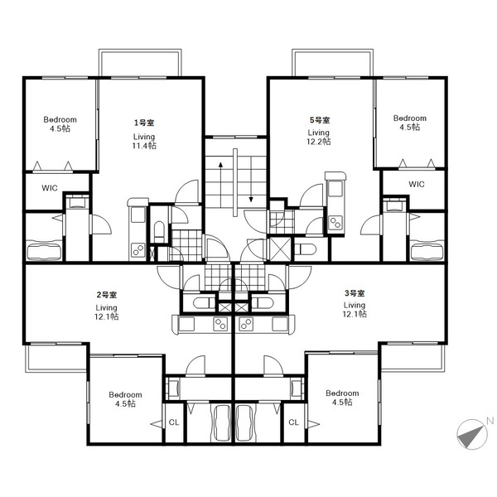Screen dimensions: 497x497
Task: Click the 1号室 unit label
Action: point(144,123)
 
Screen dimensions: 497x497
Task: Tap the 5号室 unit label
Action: point(320,120)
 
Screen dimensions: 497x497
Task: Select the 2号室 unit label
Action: point(107,295)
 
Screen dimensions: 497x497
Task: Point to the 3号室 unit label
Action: point(355,293)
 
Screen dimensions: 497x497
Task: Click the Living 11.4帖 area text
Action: point(144,142)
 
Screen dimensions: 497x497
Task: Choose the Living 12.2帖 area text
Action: point(319,137)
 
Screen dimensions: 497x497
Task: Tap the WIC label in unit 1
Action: point(50,188)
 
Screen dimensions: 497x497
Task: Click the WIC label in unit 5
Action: point(416,184)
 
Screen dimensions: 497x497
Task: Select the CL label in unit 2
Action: point(174,422)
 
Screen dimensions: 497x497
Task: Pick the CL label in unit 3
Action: point(293,422)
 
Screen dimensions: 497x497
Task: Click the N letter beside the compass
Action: point(490,421)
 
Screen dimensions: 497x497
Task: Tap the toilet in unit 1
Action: point(159,231)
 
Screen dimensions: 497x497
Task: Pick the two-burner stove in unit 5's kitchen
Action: point(335,222)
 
